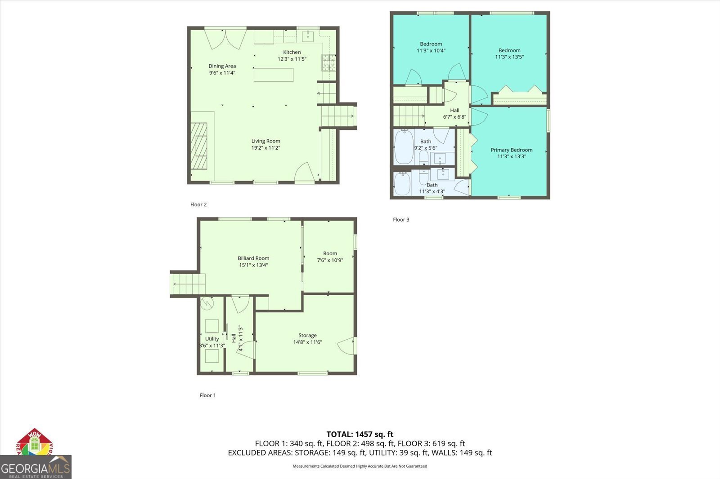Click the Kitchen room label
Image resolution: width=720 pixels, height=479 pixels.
click(x=292, y=52)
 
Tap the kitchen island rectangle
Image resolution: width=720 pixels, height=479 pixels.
click(x=274, y=74)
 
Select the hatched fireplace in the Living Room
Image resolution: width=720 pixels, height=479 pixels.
click(x=198, y=146)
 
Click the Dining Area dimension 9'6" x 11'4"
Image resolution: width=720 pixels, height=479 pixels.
click(x=222, y=73)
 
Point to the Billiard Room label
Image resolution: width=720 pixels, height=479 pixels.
click(x=253, y=258)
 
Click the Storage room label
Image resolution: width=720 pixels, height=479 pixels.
click(x=307, y=335)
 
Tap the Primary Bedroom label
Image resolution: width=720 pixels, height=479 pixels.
click(x=511, y=150)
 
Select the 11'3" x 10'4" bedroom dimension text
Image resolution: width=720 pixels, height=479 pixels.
click(x=431, y=51)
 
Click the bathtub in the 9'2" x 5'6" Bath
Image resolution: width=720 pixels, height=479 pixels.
click(x=404, y=147)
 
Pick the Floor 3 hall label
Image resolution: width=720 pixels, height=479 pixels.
click(x=454, y=111)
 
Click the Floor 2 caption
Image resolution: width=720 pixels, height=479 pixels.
click(x=198, y=204)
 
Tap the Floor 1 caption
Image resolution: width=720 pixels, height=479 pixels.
click(x=207, y=395)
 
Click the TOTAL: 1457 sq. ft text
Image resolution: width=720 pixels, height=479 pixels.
click(x=360, y=434)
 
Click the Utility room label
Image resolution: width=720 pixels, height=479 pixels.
click(x=212, y=339)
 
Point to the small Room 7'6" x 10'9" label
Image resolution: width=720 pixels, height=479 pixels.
click(x=330, y=253)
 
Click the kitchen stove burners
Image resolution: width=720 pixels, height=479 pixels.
click(x=328, y=62)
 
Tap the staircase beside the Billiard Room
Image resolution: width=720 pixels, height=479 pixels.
click(x=188, y=284)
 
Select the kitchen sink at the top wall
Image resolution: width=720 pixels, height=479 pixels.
click(x=308, y=35)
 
